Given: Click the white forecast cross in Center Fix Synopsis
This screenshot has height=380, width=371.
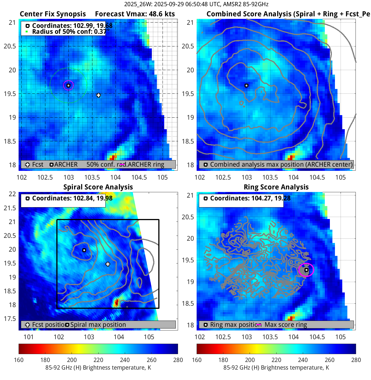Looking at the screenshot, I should pyautogui.click(x=98, y=95).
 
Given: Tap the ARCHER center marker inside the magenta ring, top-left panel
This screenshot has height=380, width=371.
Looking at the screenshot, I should pyautogui.click(x=68, y=85).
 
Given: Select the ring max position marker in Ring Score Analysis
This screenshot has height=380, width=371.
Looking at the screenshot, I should pyautogui.click(x=306, y=270).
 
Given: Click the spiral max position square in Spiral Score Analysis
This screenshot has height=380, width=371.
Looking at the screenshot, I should pyautogui.click(x=84, y=250).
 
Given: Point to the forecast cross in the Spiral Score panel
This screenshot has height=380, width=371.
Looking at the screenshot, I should pyautogui.click(x=108, y=264).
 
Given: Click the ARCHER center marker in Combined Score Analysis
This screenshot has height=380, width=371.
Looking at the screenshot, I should pyautogui.click(x=246, y=86).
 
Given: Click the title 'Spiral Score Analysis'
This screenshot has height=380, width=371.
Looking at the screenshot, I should pyautogui.click(x=98, y=187).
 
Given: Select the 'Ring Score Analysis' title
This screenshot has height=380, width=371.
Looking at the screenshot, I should pyautogui.click(x=276, y=187).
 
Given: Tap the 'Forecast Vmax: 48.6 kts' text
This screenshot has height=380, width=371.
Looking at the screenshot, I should pyautogui.click(x=135, y=14).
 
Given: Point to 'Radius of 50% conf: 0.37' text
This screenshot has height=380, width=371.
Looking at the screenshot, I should pyautogui.click(x=69, y=32).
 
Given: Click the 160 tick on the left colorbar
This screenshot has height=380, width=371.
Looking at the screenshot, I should pyautogui.click(x=19, y=360).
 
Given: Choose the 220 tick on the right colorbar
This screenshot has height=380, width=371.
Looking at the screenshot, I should pyautogui.click(x=276, y=360).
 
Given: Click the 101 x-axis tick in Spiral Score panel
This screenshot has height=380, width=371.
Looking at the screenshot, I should pyautogui.click(x=29, y=337).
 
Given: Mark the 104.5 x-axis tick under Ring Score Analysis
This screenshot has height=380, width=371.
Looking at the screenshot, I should pyautogui.click(x=317, y=337).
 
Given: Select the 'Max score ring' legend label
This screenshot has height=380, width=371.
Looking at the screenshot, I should pyautogui.click(x=286, y=325).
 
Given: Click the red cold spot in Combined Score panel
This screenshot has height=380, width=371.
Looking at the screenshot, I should pyautogui.click(x=290, y=157).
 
